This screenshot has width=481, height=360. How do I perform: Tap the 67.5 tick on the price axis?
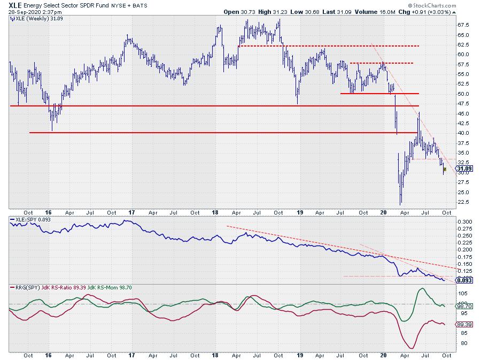[x=463, y=25]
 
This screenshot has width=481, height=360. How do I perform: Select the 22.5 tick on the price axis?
[x=463, y=202]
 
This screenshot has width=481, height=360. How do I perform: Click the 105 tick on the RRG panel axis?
[x=462, y=294]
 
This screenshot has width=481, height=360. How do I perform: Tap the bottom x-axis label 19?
[x=300, y=355]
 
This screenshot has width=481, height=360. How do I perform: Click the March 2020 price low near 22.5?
[x=401, y=204]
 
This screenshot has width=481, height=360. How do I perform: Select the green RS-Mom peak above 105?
[x=421, y=289]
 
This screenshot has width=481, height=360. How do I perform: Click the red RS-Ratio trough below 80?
[x=411, y=348]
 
